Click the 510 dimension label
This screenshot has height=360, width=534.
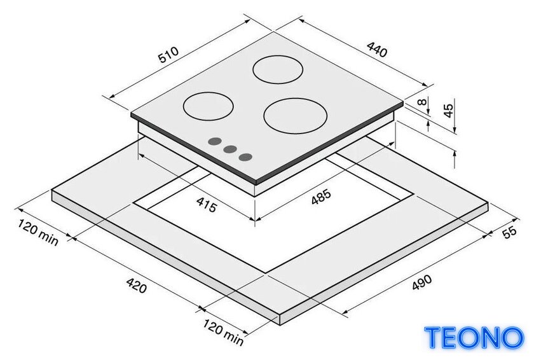(168, 55)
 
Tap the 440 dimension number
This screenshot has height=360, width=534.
(377, 50)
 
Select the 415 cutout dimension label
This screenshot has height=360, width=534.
(207, 205)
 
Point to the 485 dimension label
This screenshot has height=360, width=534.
(321, 197)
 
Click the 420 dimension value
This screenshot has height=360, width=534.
(137, 285)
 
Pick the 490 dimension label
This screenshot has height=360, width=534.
(421, 282)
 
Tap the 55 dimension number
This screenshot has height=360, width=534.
(509, 232)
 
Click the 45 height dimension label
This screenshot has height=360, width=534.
(449, 111)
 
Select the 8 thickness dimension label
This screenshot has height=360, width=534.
(422, 102)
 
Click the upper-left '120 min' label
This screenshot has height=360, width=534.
(38, 233)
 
